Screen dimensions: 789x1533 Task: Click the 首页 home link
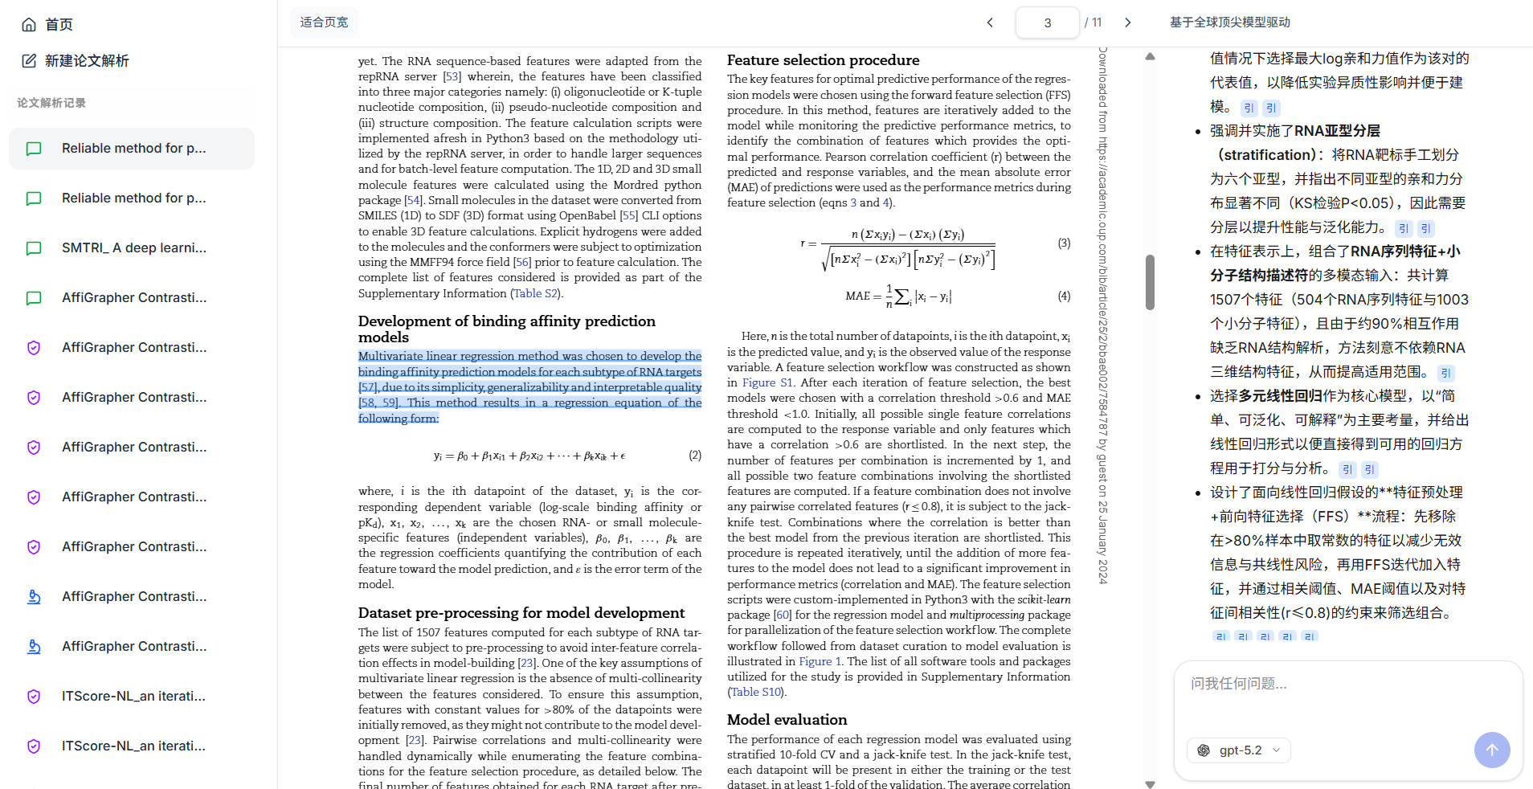click(48, 25)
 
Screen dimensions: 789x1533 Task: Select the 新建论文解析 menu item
click(76, 61)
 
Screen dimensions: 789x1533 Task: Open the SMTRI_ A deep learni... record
click(133, 248)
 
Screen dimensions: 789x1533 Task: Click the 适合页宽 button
click(324, 22)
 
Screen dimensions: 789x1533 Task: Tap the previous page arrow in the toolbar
click(990, 22)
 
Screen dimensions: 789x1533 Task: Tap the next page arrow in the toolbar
click(1127, 22)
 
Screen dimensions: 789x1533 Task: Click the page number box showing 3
click(1047, 22)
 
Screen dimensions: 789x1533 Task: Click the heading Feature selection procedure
click(823, 60)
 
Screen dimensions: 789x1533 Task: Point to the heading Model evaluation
click(787, 720)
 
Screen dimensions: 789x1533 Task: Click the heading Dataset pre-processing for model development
click(521, 613)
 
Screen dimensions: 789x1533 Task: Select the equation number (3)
click(1064, 243)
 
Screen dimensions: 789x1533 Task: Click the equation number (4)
click(1064, 296)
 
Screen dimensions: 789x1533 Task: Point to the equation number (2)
click(695, 455)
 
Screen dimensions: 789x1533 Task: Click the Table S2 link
click(535, 293)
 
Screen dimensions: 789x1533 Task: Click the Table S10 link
click(755, 692)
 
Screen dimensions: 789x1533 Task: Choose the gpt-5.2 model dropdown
click(1239, 750)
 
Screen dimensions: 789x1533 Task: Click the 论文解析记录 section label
click(51, 103)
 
